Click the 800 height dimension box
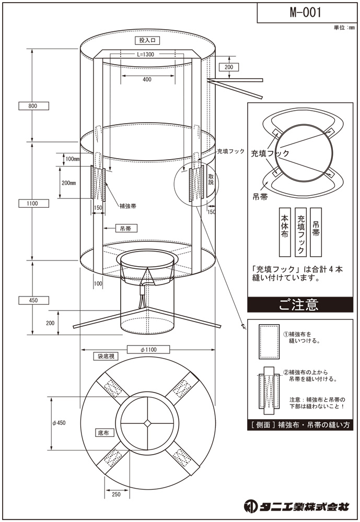[x=33, y=106]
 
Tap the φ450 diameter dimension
[x=59, y=423]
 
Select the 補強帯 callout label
[x=128, y=206]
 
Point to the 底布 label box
[x=103, y=433]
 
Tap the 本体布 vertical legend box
[x=285, y=232]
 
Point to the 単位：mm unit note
[x=344, y=28]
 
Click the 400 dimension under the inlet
[x=147, y=79]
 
